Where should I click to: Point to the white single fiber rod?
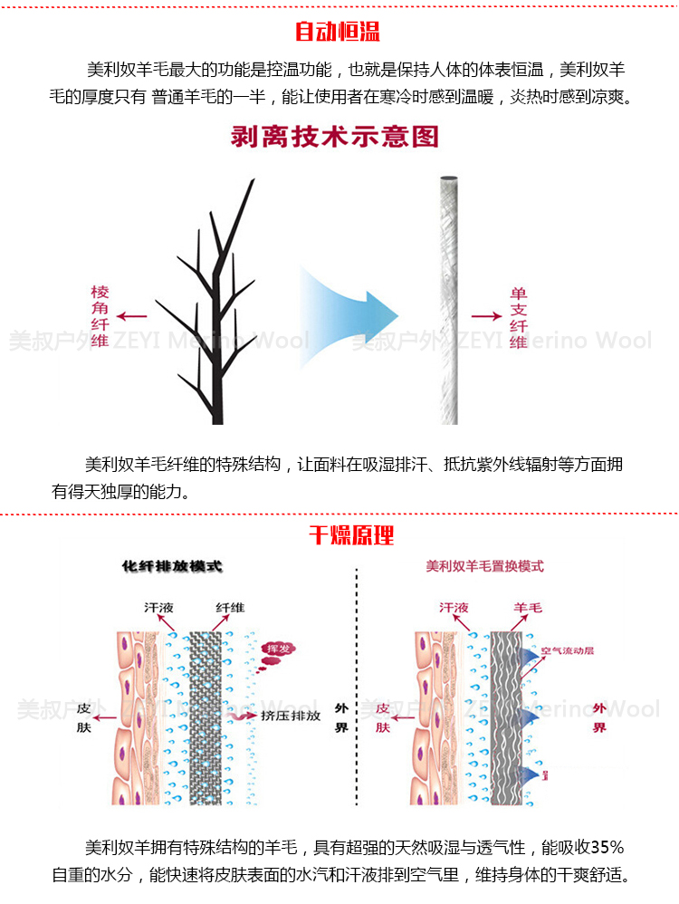coord(448,299)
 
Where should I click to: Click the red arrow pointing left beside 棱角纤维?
coord(133,316)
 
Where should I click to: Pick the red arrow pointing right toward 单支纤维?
coord(485,316)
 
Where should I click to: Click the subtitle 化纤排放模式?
coord(172,567)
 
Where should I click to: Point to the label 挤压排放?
coord(290,716)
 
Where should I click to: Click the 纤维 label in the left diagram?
coord(230,608)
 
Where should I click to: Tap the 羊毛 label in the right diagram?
coord(530,608)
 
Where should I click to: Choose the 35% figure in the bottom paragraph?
coord(607,849)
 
